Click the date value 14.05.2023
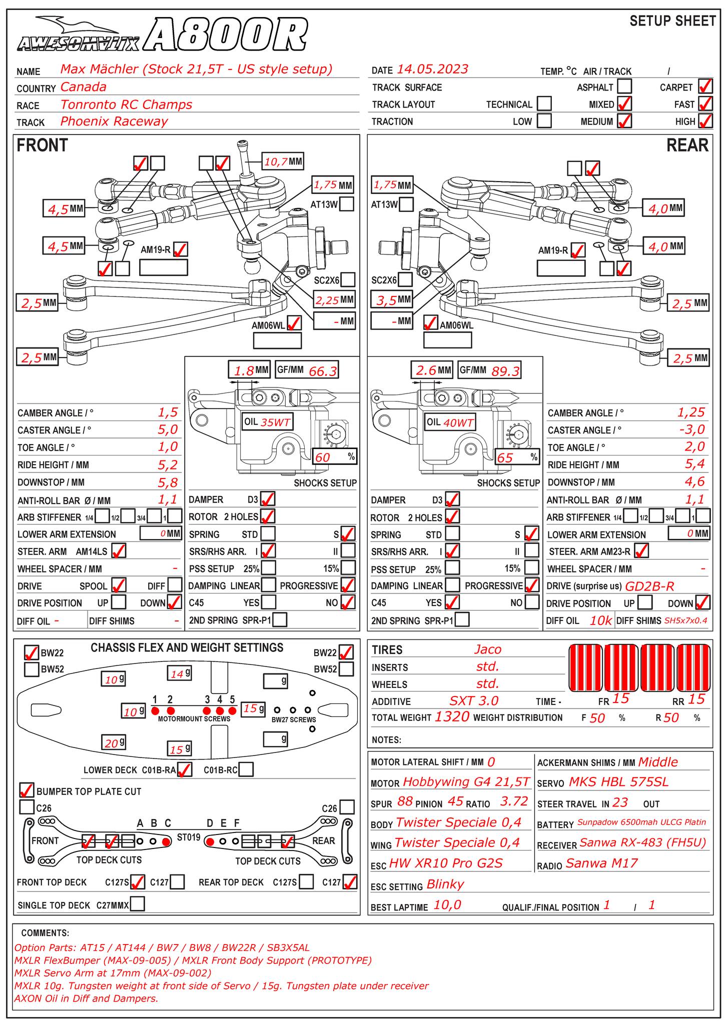(432, 69)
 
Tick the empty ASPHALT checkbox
(624, 86)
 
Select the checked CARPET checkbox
(705, 86)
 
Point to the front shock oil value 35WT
(275, 422)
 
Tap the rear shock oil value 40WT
(458, 422)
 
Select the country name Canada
(83, 87)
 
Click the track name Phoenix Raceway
(114, 121)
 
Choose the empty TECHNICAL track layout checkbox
(544, 104)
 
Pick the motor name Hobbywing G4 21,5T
(465, 782)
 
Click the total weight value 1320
(452, 717)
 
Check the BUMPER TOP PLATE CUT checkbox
(27, 790)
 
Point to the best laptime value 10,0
(447, 905)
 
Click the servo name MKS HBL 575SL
(618, 782)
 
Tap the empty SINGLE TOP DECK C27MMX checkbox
(138, 903)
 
